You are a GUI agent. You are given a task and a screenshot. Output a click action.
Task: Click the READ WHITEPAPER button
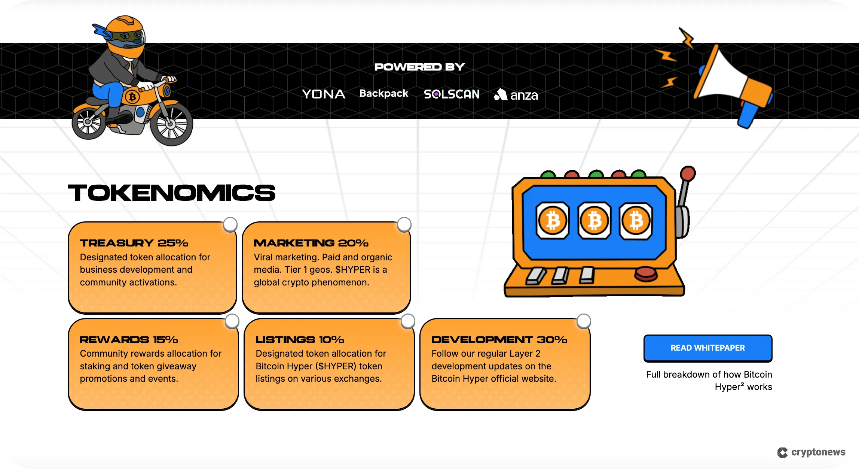(707, 348)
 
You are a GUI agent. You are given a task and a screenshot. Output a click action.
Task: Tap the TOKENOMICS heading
(172, 193)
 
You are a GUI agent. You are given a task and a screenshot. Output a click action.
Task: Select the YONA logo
(324, 94)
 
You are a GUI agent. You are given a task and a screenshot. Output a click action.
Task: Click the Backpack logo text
(383, 93)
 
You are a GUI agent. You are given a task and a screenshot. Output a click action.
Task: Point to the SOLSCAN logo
(452, 94)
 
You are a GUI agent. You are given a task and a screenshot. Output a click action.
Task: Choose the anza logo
(516, 95)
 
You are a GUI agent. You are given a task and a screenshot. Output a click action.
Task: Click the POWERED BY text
(419, 67)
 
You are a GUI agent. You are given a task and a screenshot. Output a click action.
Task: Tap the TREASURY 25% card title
(134, 243)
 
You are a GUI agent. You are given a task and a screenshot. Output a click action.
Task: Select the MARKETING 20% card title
(311, 243)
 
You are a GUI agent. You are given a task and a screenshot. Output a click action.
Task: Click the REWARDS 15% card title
(129, 340)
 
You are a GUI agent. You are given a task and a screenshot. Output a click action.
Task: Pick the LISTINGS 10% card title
(300, 340)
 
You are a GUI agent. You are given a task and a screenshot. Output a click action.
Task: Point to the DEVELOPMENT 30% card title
(499, 340)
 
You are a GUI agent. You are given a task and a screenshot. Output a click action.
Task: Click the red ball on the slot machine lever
(688, 174)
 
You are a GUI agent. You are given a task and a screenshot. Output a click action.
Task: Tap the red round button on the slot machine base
(646, 273)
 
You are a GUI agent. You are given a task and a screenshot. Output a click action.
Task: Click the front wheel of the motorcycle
(171, 124)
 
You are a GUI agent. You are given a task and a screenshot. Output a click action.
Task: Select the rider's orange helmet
(125, 34)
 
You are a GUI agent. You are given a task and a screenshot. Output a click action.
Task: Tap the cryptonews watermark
(811, 452)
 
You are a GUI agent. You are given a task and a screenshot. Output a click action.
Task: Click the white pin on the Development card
(584, 321)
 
